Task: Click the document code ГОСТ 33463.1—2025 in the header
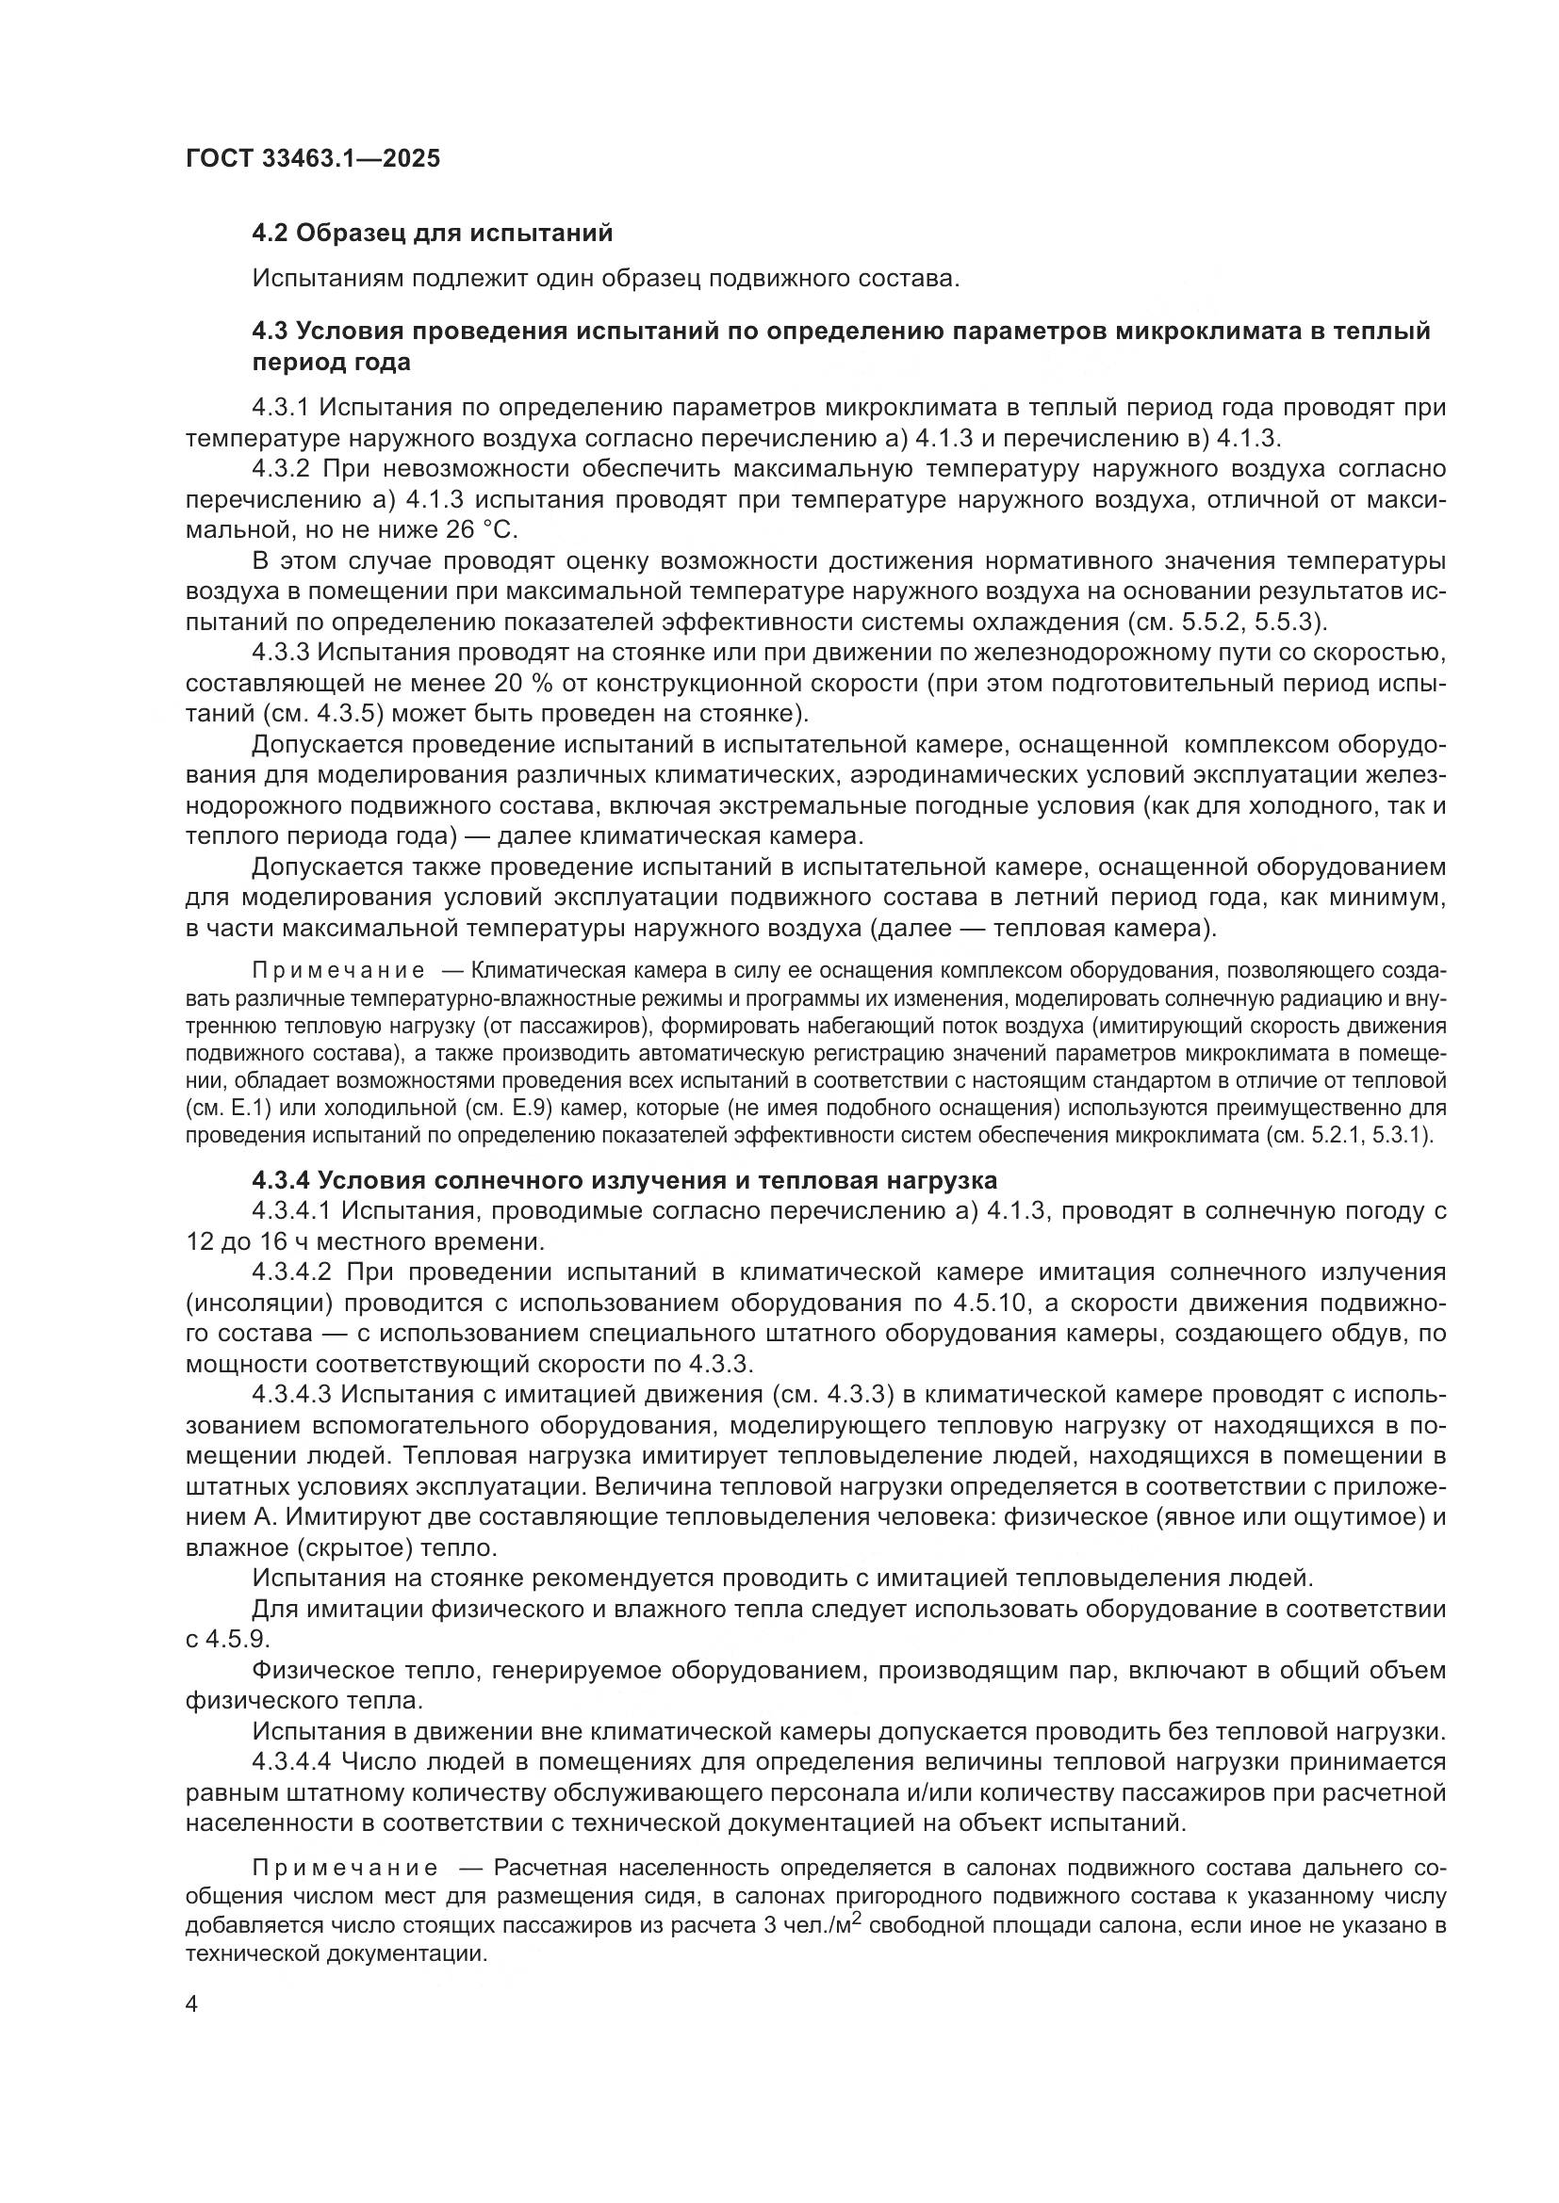[313, 158]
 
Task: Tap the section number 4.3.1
[280, 408]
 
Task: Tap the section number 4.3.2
[281, 469]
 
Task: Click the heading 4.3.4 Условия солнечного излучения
[624, 1180]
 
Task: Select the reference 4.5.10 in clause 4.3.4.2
[992, 1303]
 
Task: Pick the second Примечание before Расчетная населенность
[345, 1868]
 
